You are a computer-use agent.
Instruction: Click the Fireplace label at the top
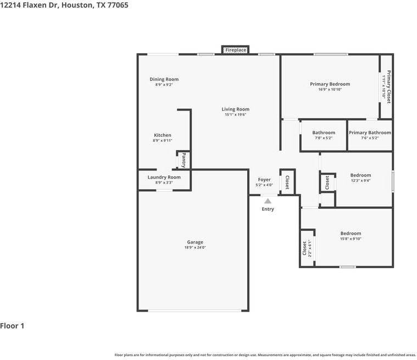(236, 50)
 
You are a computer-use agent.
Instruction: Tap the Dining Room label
(164, 79)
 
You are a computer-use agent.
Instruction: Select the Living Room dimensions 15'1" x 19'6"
(236, 115)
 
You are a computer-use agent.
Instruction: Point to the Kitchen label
(162, 135)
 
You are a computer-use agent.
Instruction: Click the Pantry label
(184, 160)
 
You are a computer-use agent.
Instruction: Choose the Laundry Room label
(164, 177)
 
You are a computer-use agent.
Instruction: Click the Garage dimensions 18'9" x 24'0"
(195, 248)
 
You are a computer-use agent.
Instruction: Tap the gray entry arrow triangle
(268, 201)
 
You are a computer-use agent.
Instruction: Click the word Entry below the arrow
(268, 209)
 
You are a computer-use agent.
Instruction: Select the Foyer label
(264, 180)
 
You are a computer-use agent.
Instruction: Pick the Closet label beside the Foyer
(287, 182)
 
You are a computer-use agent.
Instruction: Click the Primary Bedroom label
(330, 84)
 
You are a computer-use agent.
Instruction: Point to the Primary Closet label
(388, 87)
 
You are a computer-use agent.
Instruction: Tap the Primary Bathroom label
(370, 132)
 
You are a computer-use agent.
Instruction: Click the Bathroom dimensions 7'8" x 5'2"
(324, 138)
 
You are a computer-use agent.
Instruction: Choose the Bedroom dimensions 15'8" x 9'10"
(351, 239)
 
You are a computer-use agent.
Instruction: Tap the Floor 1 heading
(12, 326)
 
